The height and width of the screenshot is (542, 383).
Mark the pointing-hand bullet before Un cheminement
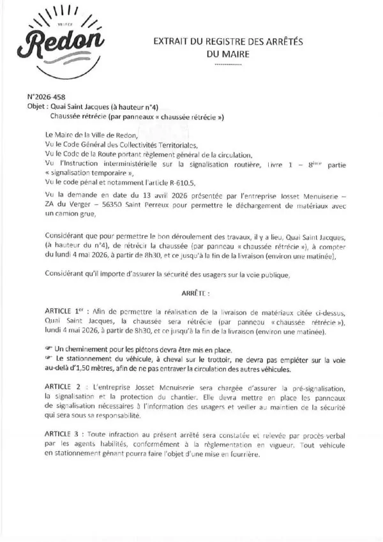tap(50, 350)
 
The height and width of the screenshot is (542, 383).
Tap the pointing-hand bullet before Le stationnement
tap(50, 360)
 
